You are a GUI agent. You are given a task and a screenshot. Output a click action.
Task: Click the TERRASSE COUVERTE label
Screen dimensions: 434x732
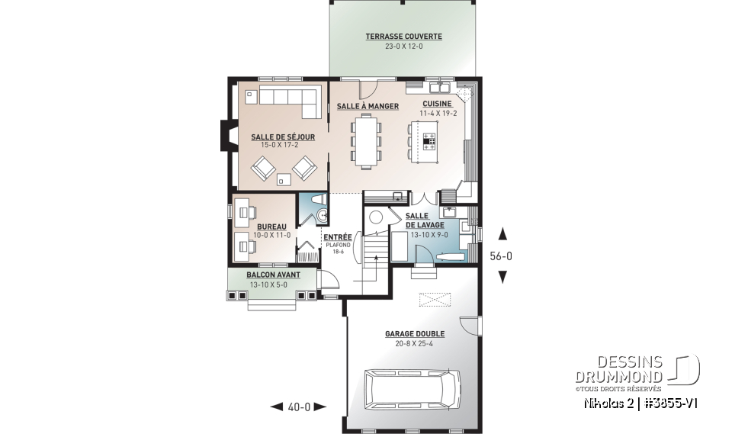coord(403,37)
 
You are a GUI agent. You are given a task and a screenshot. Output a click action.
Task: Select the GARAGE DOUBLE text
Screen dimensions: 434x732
coord(415,334)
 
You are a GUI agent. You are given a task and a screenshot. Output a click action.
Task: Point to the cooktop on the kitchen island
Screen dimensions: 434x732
coord(430,140)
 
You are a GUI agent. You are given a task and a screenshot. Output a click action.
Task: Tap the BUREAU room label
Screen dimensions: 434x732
coord(272,227)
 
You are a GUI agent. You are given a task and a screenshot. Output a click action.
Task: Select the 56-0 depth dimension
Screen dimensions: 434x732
coord(501,256)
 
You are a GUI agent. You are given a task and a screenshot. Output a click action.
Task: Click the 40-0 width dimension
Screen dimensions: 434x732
coord(299,407)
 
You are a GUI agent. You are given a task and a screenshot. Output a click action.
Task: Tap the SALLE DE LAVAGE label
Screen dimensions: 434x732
coord(425,220)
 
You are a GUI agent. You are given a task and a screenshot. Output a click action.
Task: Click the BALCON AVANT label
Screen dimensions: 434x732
coord(273,275)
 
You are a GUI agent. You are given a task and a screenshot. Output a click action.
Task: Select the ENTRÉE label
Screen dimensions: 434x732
coord(337,237)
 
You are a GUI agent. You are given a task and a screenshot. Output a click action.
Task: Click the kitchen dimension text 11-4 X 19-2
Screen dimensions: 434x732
coord(438,114)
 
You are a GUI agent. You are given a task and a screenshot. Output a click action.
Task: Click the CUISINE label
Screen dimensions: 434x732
coord(437,104)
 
